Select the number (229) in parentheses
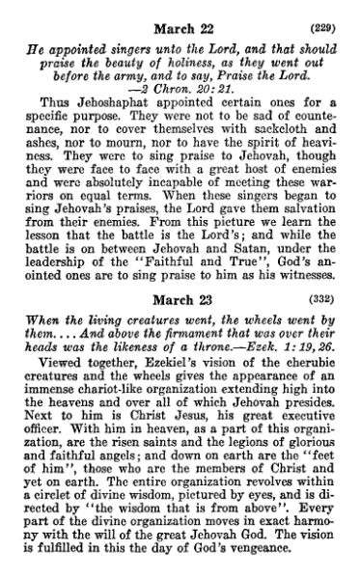(325, 14)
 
